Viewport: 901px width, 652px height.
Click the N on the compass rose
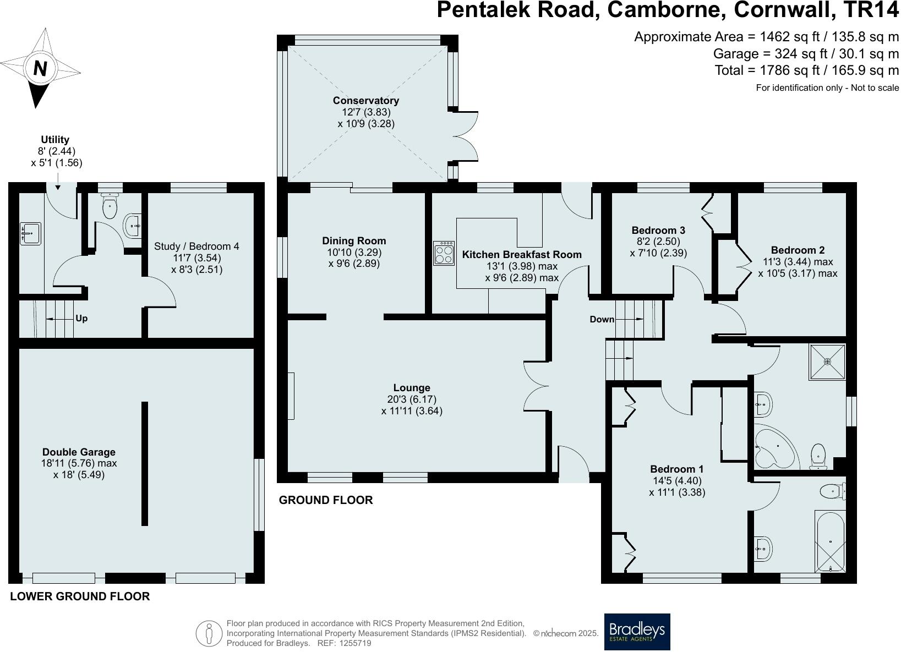tap(40, 68)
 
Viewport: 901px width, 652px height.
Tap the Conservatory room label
tap(365, 101)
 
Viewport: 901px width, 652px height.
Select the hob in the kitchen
tap(444, 253)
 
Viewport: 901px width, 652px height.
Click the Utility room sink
tap(30, 233)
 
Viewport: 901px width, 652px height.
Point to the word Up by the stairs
tap(81, 319)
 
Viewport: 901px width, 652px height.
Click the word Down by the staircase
tap(602, 319)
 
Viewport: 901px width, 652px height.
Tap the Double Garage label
tap(79, 452)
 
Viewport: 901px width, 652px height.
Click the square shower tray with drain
tap(827, 361)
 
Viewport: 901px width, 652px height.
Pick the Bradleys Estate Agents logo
tap(637, 632)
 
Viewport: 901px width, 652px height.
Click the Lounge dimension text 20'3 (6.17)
tap(412, 399)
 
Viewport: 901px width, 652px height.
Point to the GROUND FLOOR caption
tap(326, 500)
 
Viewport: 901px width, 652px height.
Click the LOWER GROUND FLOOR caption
tap(80, 596)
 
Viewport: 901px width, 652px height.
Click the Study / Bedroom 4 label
tap(196, 246)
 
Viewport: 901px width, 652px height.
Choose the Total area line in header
tap(806, 70)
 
